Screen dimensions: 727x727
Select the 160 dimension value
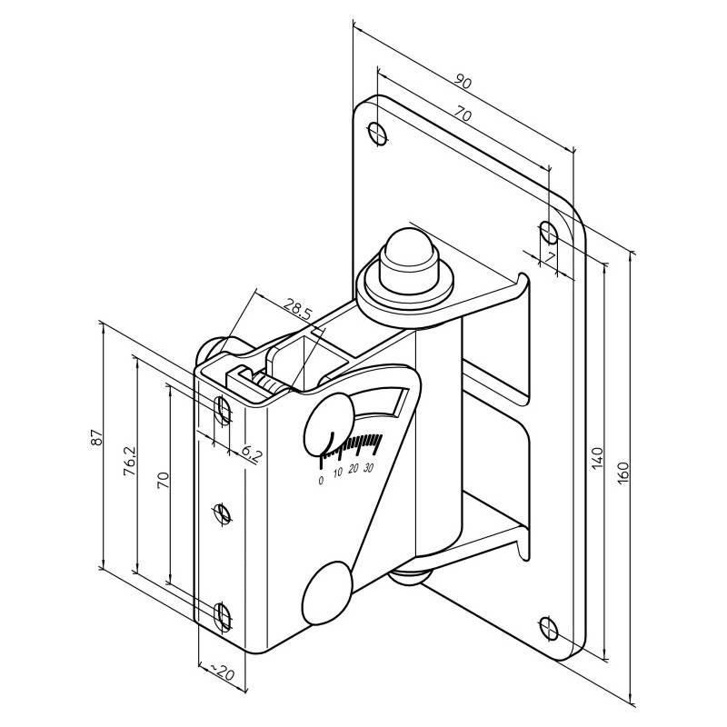[x=622, y=473]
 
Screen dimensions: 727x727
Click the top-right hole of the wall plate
[x=549, y=232]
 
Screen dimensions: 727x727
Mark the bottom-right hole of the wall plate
[x=548, y=626]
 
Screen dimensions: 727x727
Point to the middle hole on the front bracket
[x=223, y=514]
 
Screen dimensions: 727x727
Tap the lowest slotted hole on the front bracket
[x=223, y=615]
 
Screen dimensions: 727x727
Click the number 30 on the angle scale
[x=368, y=470]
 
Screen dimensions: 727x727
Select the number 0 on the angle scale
[x=320, y=481]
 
